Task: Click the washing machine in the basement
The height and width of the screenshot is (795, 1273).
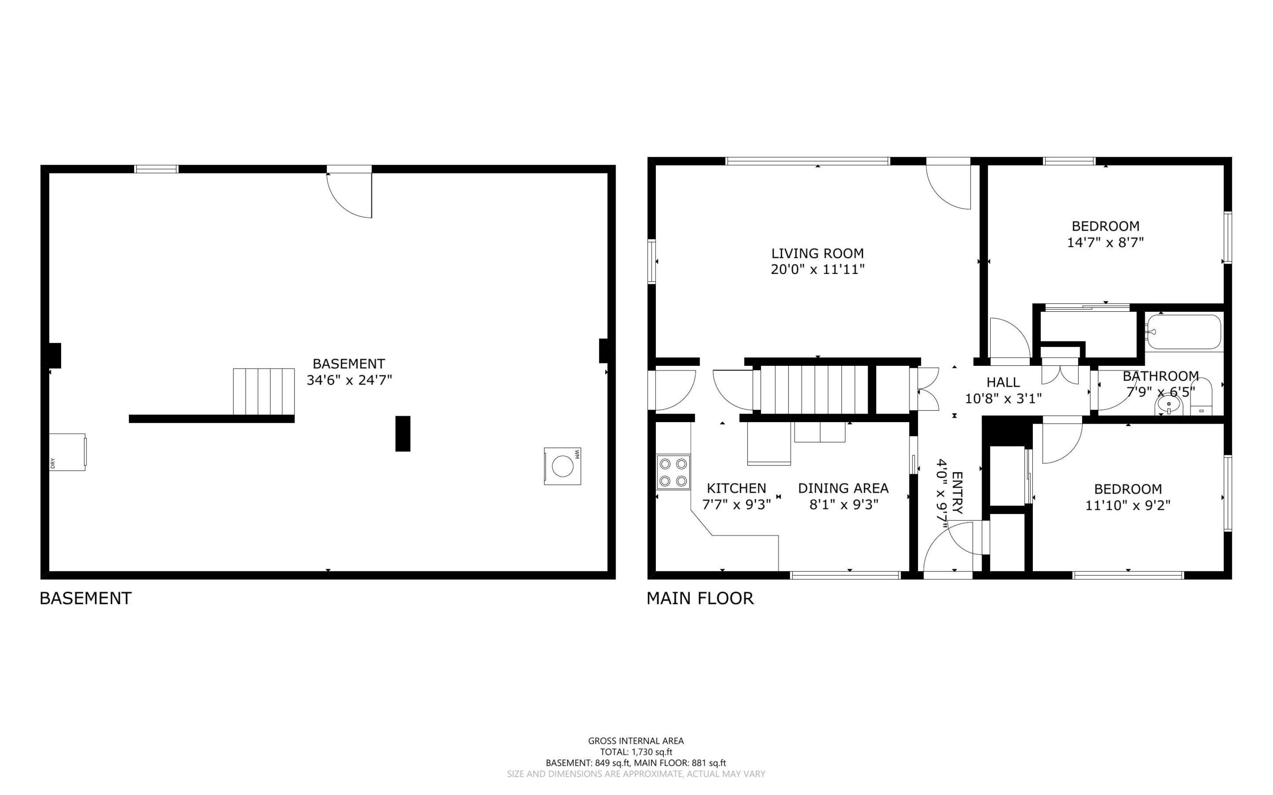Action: click(x=562, y=466)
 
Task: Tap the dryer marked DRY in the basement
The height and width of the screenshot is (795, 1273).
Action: click(x=67, y=451)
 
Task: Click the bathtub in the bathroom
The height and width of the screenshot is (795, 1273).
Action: click(x=1183, y=331)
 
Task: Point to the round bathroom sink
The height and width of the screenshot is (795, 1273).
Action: click(x=1169, y=405)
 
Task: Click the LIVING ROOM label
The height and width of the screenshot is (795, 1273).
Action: click(x=818, y=253)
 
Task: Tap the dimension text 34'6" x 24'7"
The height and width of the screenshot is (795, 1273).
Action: click(x=350, y=380)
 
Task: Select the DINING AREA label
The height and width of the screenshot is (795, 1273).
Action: click(x=843, y=488)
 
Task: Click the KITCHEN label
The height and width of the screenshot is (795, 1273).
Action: click(x=736, y=488)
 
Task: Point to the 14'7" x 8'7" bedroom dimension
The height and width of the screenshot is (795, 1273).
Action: click(x=1105, y=243)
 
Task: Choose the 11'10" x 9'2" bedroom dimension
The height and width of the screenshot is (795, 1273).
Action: click(x=1128, y=505)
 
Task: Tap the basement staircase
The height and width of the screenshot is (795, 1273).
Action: click(x=264, y=392)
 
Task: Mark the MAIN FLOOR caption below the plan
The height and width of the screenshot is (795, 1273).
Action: click(x=700, y=598)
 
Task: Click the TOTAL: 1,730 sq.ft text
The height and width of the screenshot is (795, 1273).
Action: click(x=636, y=752)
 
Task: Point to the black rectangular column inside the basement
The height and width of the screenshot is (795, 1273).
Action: click(x=403, y=433)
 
